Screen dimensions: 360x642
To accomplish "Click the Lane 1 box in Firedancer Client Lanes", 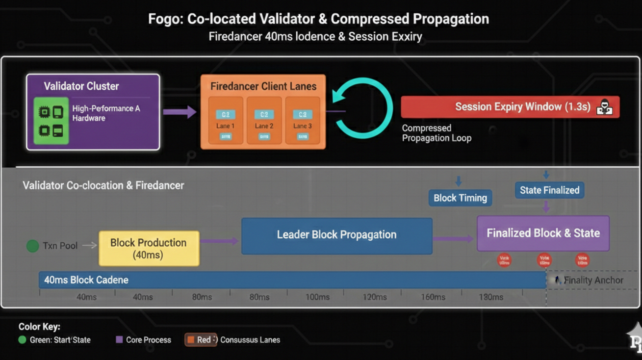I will pyautogui.click(x=226, y=120).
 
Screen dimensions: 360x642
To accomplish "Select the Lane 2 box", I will pyautogui.click(x=264, y=120).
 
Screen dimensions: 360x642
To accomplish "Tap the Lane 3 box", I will pyautogui.click(x=302, y=120).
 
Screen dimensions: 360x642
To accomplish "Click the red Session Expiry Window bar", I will pyautogui.click(x=510, y=107).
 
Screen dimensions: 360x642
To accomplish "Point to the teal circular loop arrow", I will pyautogui.click(x=363, y=108).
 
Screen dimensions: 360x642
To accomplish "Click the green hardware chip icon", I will pyautogui.click(x=51, y=120).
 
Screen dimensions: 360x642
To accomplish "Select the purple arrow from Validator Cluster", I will pyautogui.click(x=179, y=112).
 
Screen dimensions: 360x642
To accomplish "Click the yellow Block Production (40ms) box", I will pyautogui.click(x=149, y=248).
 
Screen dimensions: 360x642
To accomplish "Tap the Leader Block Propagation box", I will pyautogui.click(x=336, y=235).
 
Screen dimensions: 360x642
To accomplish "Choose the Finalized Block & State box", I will pyautogui.click(x=543, y=233).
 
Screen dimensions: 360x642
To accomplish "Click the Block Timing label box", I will pyautogui.click(x=460, y=198).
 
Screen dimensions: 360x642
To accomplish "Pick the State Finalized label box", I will pyautogui.click(x=549, y=190).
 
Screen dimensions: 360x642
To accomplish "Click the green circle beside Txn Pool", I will pyautogui.click(x=32, y=246).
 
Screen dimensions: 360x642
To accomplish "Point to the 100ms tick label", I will pyautogui.click(x=317, y=297).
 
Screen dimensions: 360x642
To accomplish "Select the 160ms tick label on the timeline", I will pyautogui.click(x=433, y=297).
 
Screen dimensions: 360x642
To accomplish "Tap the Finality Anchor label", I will pyautogui.click(x=593, y=280).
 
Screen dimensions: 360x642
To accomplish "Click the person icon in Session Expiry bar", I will pyautogui.click(x=604, y=107).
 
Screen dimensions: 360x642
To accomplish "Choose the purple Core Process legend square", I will pyautogui.click(x=119, y=339).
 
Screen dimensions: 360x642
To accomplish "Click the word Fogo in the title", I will pyautogui.click(x=165, y=19).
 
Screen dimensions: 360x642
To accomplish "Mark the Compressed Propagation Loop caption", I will pyautogui.click(x=437, y=133).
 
